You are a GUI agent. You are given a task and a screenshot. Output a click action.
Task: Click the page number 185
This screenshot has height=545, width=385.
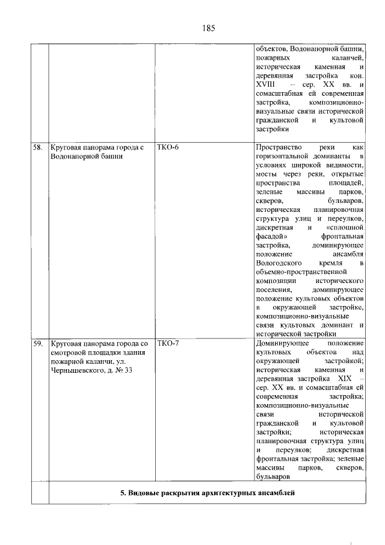(209, 28)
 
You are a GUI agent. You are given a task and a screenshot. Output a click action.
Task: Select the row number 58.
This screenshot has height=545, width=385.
(38, 147)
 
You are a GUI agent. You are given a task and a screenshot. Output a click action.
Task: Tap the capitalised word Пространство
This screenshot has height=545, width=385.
(277, 147)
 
